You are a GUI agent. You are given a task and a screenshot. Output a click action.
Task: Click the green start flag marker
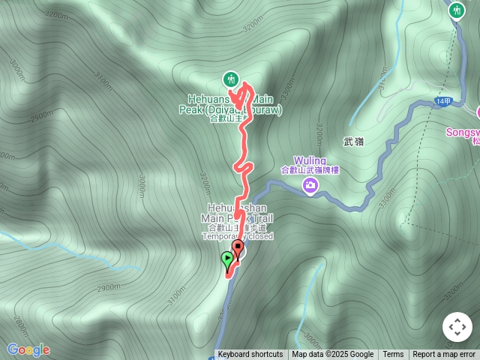[x=227, y=259]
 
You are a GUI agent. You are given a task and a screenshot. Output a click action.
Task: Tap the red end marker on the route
[x=238, y=247]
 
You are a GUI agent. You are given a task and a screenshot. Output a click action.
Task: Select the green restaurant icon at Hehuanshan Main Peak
[x=229, y=78]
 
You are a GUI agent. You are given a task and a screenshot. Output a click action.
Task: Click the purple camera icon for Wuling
[x=309, y=184]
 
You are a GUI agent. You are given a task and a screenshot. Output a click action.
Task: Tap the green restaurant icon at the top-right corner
[x=457, y=10]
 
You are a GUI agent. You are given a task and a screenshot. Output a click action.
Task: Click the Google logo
[x=28, y=349]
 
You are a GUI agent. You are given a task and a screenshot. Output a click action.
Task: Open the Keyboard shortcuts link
[x=250, y=355]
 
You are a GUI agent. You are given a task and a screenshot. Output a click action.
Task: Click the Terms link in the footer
[x=393, y=355]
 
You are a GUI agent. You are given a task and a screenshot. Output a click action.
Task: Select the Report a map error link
[x=444, y=355]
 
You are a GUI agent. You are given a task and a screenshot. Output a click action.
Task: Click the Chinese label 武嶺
[x=353, y=141]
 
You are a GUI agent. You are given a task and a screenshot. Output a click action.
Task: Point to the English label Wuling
[x=309, y=161]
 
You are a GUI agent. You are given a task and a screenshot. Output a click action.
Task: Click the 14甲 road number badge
[x=442, y=101]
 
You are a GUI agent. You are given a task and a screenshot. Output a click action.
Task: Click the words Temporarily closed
[x=237, y=236]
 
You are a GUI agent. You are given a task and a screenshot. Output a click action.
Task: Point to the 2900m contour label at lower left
[x=107, y=287]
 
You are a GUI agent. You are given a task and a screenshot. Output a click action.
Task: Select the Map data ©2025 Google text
[x=332, y=355]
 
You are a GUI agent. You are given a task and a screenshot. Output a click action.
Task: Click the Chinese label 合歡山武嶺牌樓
[x=310, y=170]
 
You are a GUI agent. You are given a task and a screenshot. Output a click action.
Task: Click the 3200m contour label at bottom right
[x=454, y=287]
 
